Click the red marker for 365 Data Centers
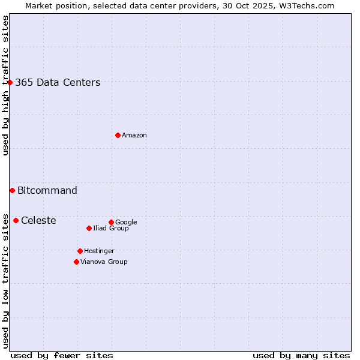[10, 82]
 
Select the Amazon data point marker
[118, 135]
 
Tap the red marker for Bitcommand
[12, 190]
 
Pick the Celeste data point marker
[16, 220]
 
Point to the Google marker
[111, 222]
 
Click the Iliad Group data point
[89, 228]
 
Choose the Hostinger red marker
[80, 251]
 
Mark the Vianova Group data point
[76, 262]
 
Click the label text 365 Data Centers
[58, 82]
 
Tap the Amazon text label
[134, 135]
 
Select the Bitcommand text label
[47, 190]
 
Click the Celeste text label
[38, 220]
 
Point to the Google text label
[126, 222]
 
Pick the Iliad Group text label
[111, 228]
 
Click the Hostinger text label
[99, 251]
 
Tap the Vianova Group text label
[104, 262]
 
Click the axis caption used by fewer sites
[62, 355]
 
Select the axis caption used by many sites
[301, 355]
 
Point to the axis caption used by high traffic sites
[5, 85]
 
